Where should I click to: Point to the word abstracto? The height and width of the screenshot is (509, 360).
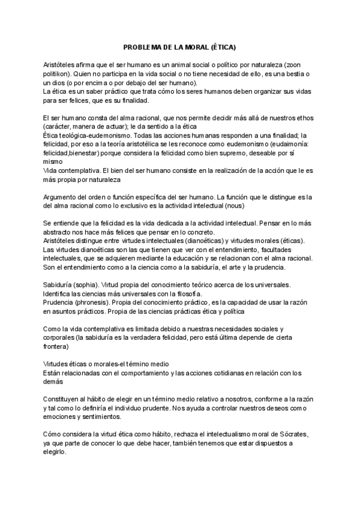point(61,232)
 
